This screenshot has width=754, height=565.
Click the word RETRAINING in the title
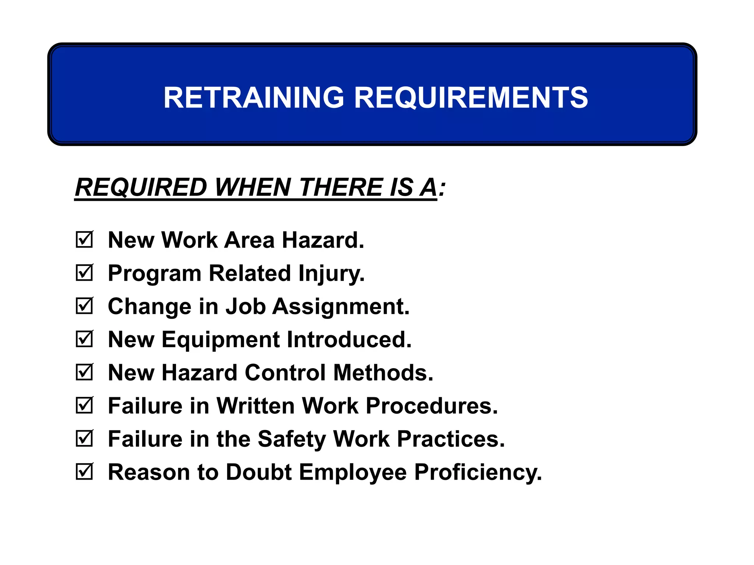pos(254,97)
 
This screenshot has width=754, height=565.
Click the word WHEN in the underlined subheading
pos(253,187)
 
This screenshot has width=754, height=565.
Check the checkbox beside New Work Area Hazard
pos(84,240)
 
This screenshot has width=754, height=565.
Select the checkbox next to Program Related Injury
pos(84,273)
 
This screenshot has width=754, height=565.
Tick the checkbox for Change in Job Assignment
pos(84,306)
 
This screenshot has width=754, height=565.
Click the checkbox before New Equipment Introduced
pos(84,339)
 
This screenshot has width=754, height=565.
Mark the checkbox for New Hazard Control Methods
pos(84,373)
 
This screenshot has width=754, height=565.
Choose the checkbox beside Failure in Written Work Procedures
pos(84,406)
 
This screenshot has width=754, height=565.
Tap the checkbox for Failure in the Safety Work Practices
pos(84,439)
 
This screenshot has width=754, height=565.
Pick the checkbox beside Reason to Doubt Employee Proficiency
pos(84,472)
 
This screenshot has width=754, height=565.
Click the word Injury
pos(331,274)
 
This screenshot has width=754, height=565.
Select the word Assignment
pos(341,307)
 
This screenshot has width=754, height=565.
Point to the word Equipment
pos(221,340)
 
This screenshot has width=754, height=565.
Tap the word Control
pos(285,373)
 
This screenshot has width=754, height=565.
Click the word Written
pos(256,406)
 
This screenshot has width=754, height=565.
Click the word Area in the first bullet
pos(249,241)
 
